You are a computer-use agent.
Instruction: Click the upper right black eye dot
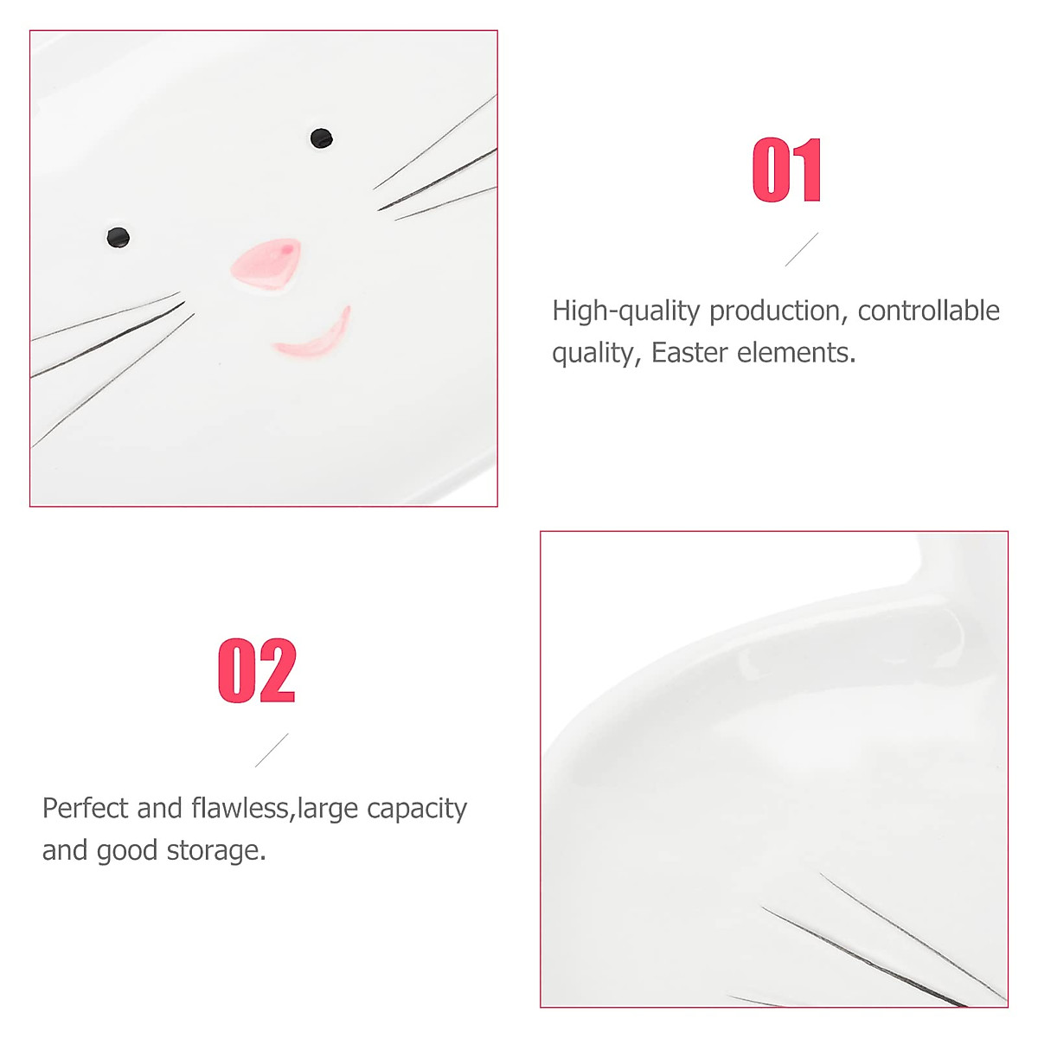[321, 138]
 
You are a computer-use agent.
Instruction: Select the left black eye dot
[118, 237]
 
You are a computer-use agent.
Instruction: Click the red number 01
[786, 170]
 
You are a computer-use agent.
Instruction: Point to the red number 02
[257, 670]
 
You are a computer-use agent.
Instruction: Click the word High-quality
[625, 311]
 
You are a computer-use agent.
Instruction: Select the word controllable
[928, 311]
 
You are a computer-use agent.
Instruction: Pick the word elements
[796, 353]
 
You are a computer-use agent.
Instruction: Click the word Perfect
[86, 808]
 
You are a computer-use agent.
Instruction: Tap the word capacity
[417, 810]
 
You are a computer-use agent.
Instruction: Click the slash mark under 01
[801, 249]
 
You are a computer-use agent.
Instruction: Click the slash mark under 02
[272, 750]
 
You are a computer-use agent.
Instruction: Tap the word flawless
[241, 808]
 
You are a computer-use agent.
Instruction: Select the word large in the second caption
[329, 810]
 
